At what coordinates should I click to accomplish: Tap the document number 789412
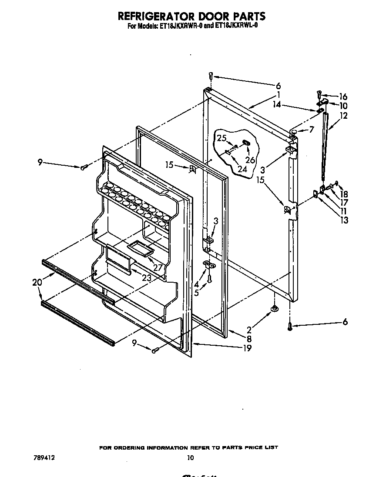tap(44, 457)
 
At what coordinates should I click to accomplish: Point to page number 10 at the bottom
tap(190, 457)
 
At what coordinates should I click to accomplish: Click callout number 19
tap(247, 348)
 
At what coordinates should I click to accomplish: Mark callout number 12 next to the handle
tap(344, 116)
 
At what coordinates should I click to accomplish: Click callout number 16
tap(343, 97)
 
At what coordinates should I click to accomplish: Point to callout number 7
tap(311, 129)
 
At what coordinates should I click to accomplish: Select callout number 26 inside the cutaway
tap(250, 160)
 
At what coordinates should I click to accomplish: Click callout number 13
tap(345, 220)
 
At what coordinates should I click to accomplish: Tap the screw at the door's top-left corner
tap(210, 76)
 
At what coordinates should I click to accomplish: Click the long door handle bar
tap(325, 148)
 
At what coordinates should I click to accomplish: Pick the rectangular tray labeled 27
tap(141, 248)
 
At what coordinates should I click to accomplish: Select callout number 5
tap(197, 293)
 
